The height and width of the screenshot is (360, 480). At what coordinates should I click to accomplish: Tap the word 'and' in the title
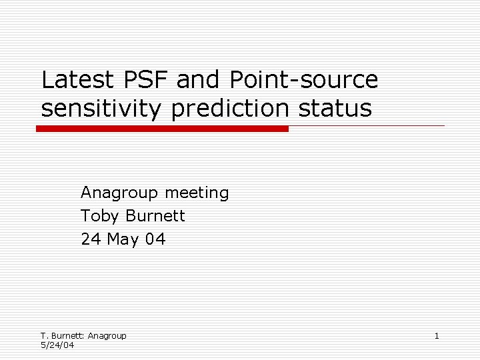[201, 80]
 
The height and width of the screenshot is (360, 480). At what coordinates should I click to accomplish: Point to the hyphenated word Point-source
[304, 80]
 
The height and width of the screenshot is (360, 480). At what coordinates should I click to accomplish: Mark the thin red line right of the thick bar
[366, 125]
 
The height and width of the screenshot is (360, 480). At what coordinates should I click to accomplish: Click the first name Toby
[99, 216]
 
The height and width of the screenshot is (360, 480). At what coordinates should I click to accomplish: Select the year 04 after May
[155, 239]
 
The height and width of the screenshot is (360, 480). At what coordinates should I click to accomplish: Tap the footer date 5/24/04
[57, 345]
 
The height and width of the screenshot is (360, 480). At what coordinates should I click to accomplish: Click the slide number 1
[437, 335]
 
